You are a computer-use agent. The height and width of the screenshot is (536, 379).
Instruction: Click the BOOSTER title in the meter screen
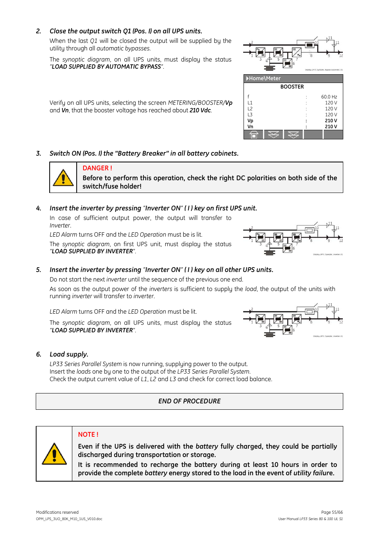click(292, 87)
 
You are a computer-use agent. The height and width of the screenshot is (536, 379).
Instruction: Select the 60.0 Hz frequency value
click(329, 97)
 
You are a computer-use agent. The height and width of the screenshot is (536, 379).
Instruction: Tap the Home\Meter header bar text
click(265, 79)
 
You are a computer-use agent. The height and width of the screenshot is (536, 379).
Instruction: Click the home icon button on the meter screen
click(253, 135)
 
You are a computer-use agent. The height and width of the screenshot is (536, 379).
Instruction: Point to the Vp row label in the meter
click(250, 121)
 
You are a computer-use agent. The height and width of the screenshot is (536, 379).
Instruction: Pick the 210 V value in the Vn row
click(331, 127)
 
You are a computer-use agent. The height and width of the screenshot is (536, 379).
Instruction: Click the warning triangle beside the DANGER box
click(63, 178)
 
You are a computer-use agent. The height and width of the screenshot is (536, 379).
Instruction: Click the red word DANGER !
click(97, 168)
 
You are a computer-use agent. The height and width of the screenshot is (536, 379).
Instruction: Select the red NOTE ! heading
click(88, 435)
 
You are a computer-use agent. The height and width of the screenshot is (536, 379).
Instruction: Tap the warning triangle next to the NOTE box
click(54, 454)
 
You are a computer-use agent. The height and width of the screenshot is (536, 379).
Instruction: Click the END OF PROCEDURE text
click(189, 401)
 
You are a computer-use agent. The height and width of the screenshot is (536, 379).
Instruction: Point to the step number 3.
click(39, 154)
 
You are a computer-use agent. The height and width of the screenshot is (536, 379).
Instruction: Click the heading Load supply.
click(69, 355)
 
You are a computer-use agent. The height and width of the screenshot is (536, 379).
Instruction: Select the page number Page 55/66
click(332, 512)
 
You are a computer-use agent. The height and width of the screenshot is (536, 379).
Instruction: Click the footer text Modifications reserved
click(57, 512)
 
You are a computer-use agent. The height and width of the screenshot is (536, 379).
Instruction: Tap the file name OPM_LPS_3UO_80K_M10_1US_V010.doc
click(69, 519)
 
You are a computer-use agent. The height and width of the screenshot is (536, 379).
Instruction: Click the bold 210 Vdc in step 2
click(200, 110)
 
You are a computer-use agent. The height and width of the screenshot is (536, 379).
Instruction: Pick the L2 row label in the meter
click(250, 109)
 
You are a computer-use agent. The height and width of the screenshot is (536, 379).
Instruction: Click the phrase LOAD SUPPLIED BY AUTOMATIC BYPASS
click(106, 67)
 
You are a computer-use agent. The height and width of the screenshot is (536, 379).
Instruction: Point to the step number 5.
click(39, 270)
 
